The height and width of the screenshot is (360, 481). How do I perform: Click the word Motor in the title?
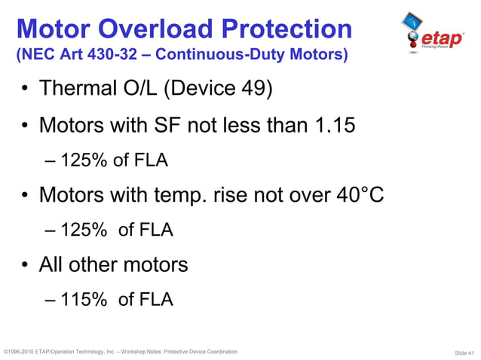pyautogui.click(x=54, y=29)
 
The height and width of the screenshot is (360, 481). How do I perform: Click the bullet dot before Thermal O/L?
pyautogui.click(x=25, y=90)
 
